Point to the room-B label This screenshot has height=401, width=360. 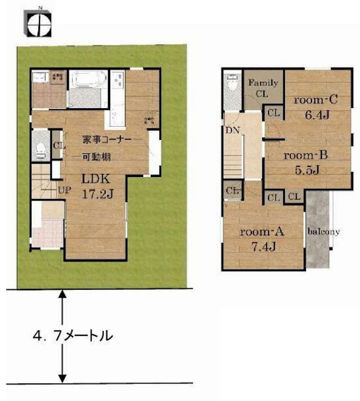305,155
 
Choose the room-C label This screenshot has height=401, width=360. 315,100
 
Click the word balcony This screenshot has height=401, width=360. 324,232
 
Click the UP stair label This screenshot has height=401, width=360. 64,191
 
